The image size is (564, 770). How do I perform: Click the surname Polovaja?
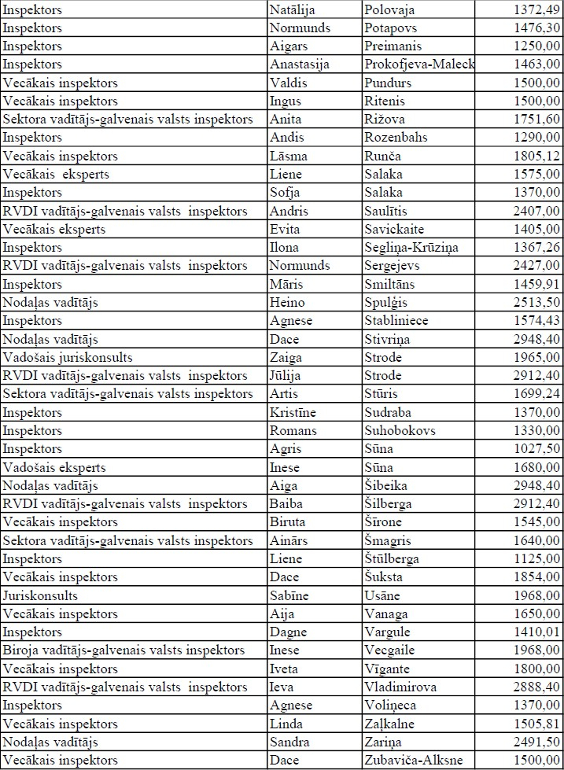pyautogui.click(x=390, y=9)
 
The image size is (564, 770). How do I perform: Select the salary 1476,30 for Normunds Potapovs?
pyautogui.click(x=528, y=28)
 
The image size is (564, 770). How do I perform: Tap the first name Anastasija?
pyautogui.click(x=302, y=64)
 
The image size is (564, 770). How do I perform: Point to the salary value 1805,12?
pyautogui.click(x=528, y=156)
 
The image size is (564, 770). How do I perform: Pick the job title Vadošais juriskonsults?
pyautogui.click(x=66, y=357)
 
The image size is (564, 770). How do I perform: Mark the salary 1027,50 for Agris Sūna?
pyautogui.click(x=528, y=449)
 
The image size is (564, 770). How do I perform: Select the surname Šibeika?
pyautogui.click(x=389, y=485)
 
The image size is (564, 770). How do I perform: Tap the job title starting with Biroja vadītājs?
pyautogui.click(x=123, y=650)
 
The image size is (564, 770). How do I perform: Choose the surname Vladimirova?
pyautogui.click(x=400, y=687)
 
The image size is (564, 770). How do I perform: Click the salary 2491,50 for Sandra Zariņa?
pyautogui.click(x=528, y=742)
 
